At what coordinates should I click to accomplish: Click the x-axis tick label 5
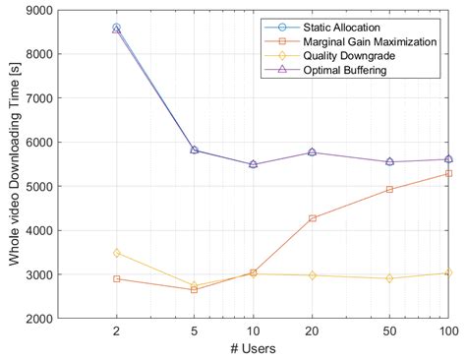point(194,331)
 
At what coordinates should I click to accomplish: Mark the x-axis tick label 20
point(313,331)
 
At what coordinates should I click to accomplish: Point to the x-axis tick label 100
point(448,331)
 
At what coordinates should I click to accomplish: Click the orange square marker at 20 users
point(313,218)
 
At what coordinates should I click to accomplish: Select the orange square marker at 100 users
point(448,173)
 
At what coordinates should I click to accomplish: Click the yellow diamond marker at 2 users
point(116,253)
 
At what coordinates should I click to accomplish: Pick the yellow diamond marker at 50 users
point(389,278)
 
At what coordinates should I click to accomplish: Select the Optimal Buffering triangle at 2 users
point(116,29)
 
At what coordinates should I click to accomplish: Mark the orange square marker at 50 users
point(389,189)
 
